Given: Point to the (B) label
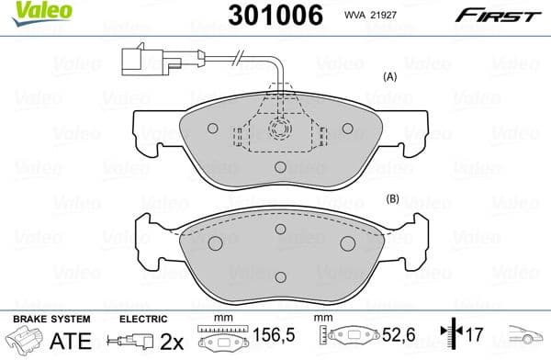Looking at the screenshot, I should click(392, 199).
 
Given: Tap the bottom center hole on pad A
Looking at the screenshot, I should click(281, 166).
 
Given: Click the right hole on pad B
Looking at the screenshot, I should click(348, 242).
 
